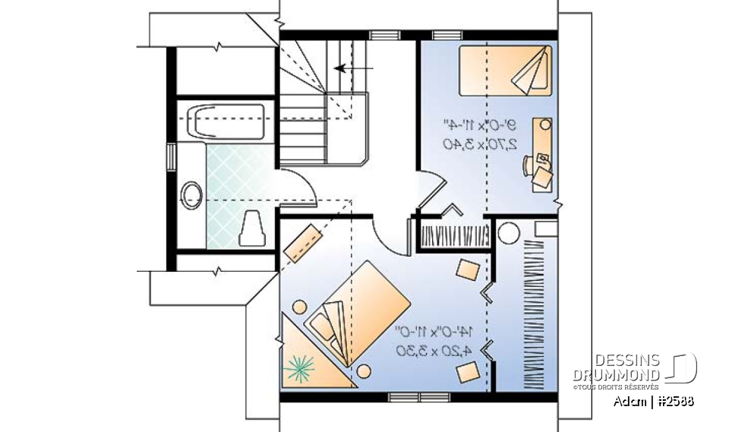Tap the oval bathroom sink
pyautogui.click(x=191, y=195)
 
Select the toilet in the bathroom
pyautogui.click(x=252, y=229)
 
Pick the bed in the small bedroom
pyautogui.click(x=506, y=71)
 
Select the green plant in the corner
pyautogui.click(x=299, y=368)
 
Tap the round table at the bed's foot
pyautogui.click(x=364, y=371)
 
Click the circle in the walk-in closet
pyautogui.click(x=508, y=232)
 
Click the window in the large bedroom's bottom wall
pyautogui.click(x=409, y=396)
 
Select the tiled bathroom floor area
pyautogui.click(x=238, y=172)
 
